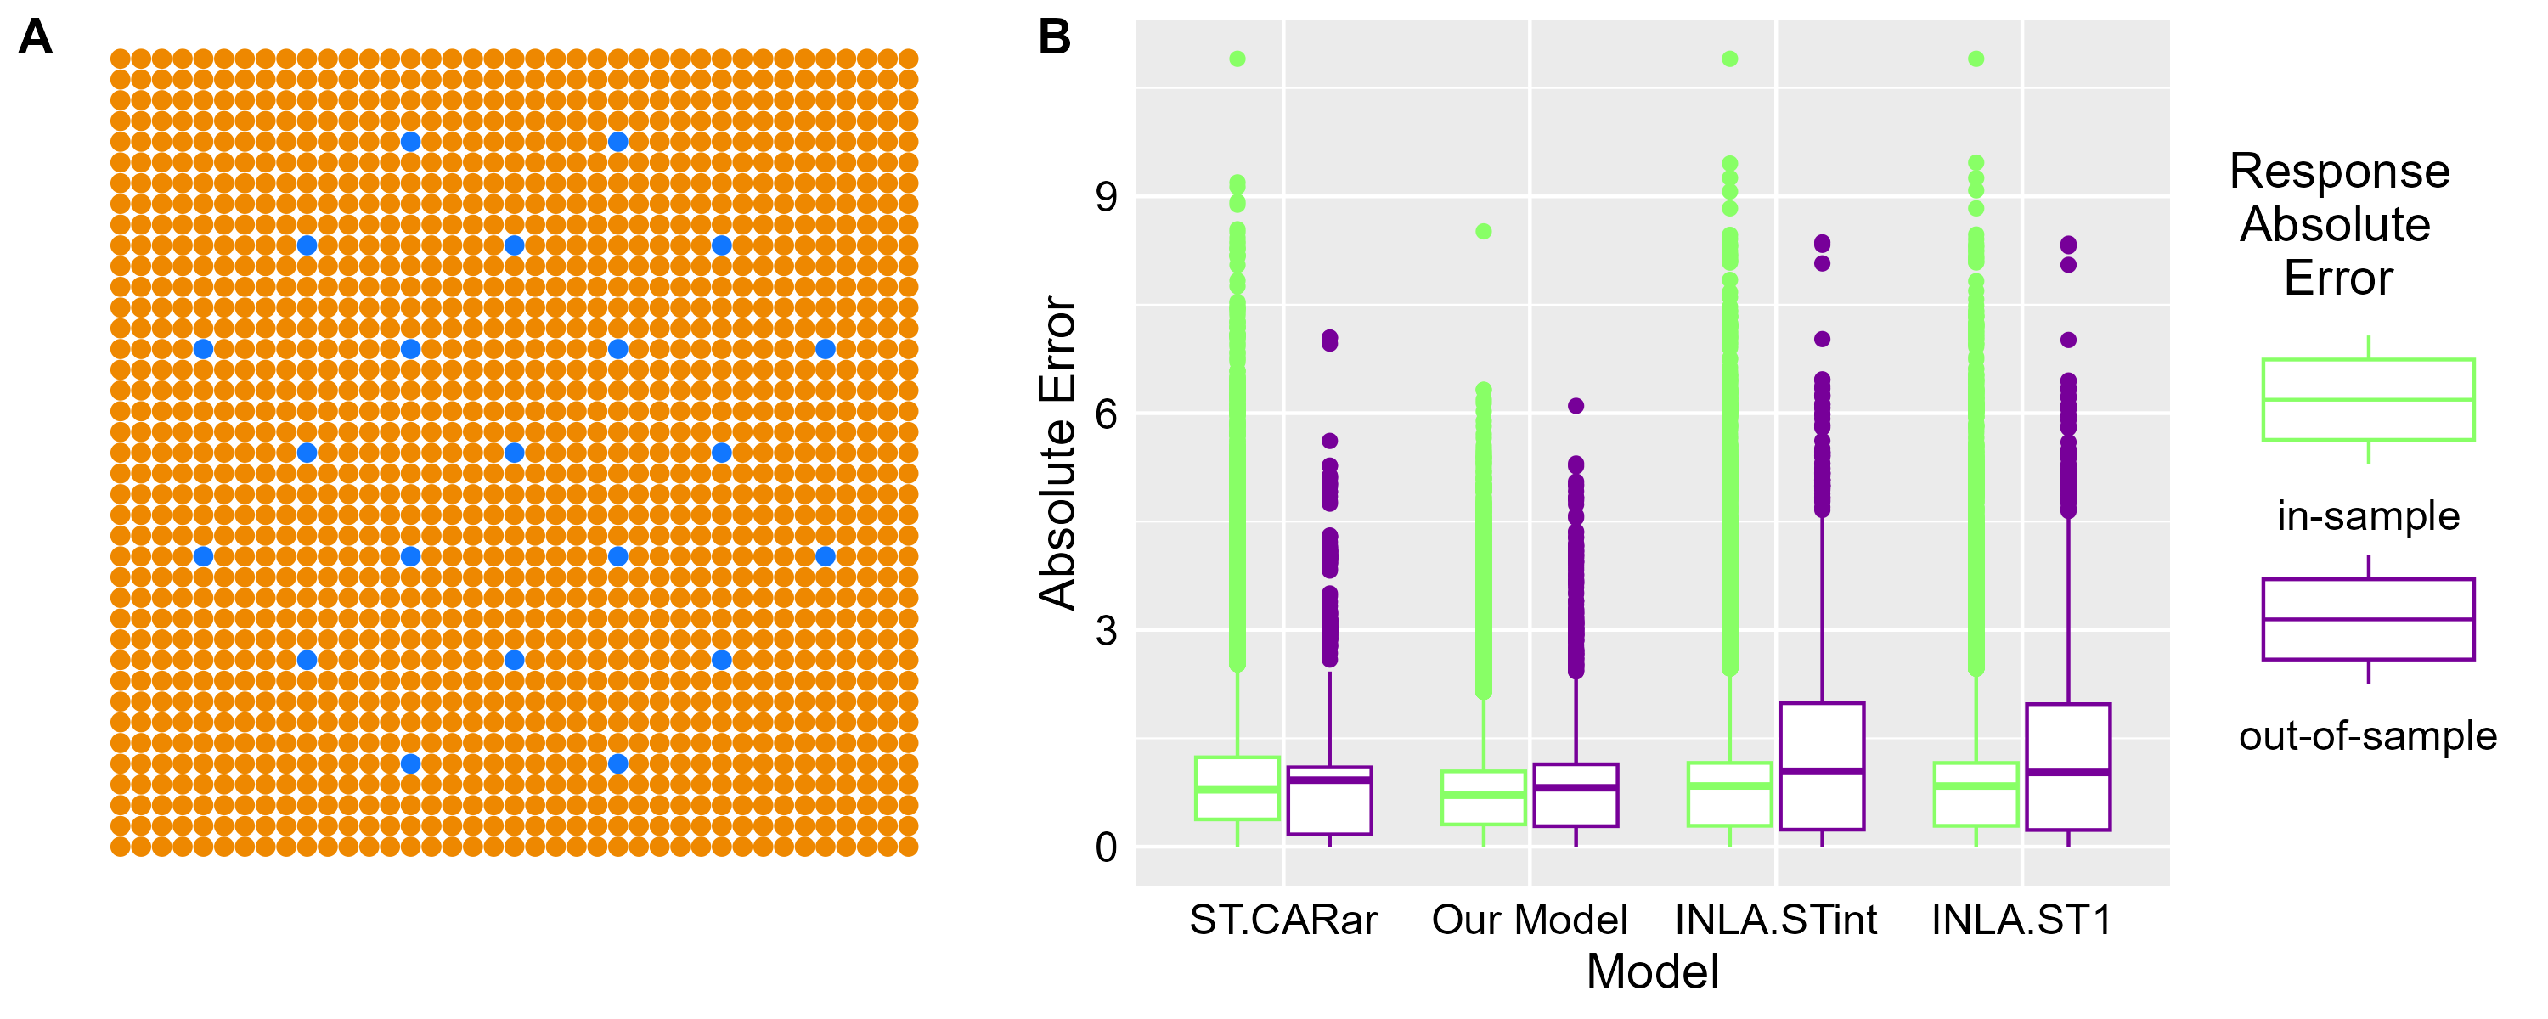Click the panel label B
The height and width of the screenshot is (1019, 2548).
[1054, 37]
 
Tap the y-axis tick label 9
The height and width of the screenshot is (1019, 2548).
[1106, 197]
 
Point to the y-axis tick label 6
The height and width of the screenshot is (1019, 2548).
[1106, 414]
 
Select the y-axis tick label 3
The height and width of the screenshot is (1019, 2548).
[1106, 630]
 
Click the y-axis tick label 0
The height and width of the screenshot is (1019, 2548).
[1106, 847]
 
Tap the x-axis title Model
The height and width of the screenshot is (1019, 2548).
[1652, 972]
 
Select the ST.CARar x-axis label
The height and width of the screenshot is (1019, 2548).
[1282, 920]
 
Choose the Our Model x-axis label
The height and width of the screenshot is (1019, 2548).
[1529, 920]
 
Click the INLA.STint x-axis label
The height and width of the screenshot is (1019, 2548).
[1775, 920]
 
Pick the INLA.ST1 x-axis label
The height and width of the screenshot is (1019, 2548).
[2021, 920]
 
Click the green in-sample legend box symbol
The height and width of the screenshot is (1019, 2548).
[2368, 400]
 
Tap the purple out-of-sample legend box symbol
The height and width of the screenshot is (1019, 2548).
[2368, 619]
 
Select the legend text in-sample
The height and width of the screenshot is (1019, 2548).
[2368, 516]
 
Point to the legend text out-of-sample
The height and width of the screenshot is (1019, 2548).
[2368, 736]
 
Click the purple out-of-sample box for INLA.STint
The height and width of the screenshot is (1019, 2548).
[1822, 766]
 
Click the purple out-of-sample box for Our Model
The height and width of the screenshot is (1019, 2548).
[1576, 795]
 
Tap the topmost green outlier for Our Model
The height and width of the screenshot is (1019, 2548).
[1484, 232]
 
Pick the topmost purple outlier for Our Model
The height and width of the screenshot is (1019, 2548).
[1576, 406]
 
